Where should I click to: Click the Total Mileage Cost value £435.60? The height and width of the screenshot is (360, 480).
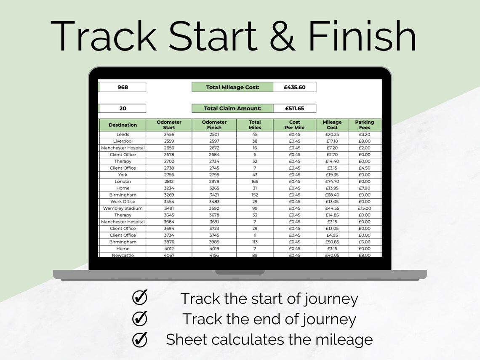(x=294, y=87)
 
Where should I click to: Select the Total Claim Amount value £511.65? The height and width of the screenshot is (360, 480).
(x=294, y=108)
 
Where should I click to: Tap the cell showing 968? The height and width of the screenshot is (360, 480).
(x=123, y=87)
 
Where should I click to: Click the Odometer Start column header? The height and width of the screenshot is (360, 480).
(x=169, y=125)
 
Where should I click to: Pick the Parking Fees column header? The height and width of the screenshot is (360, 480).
(x=365, y=125)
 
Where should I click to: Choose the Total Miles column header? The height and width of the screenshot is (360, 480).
(x=255, y=125)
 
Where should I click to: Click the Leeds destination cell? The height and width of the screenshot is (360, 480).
(x=123, y=134)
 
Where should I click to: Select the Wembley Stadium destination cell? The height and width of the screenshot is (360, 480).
(x=123, y=208)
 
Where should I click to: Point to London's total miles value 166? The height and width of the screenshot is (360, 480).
(x=255, y=181)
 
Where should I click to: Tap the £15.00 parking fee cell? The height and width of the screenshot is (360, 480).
(x=365, y=208)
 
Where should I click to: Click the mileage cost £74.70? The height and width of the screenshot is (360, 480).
(x=332, y=181)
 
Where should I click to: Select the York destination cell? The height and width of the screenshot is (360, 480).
(x=123, y=175)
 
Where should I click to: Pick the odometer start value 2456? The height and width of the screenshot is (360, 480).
(x=169, y=134)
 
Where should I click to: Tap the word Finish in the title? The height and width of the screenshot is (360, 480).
(x=362, y=36)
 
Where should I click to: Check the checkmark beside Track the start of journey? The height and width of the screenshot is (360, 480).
(x=139, y=298)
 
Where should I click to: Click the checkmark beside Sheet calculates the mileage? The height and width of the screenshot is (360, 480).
(x=139, y=339)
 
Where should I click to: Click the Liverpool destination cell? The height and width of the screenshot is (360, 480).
(x=123, y=141)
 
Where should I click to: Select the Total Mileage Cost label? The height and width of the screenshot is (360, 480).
(x=232, y=87)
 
